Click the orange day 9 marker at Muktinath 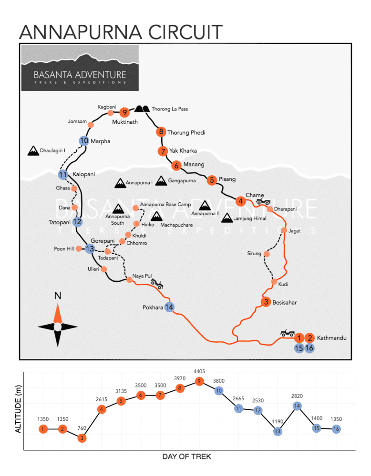pyautogui.click(x=124, y=112)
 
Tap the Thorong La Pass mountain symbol pyautogui.click(x=142, y=109)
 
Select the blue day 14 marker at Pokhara pyautogui.click(x=169, y=307)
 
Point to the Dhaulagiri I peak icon pyautogui.click(x=33, y=151)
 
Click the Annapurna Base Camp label pyautogui.click(x=165, y=205)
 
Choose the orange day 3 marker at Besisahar pyautogui.click(x=266, y=302)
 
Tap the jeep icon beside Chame pyautogui.click(x=263, y=202)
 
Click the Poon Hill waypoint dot pyautogui.click(x=79, y=248)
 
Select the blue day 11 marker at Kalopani pyautogui.click(x=63, y=175)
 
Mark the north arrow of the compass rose pyautogui.click(x=58, y=313)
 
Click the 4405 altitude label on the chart pyautogui.click(x=199, y=371)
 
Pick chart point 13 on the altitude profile pyautogui.click(x=278, y=431)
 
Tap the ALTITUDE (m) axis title pyautogui.click(x=18, y=409)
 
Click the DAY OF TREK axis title pyautogui.click(x=187, y=456)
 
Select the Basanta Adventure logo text pyautogui.click(x=80, y=75)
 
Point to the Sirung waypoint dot pyautogui.click(x=267, y=254)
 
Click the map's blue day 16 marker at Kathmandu pyautogui.click(x=309, y=348)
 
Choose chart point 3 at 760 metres pyautogui.click(x=82, y=438)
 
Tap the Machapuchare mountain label pyautogui.click(x=176, y=225)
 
